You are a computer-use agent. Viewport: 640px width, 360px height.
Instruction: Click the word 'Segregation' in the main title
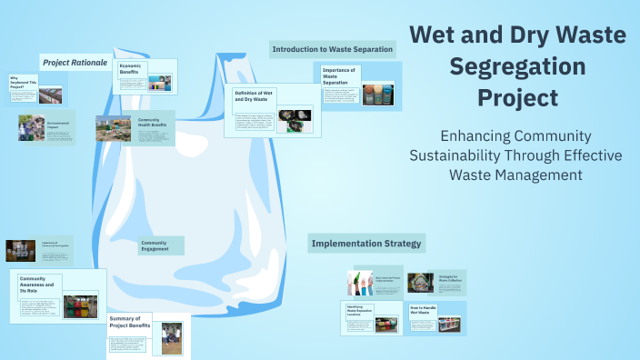(517, 65)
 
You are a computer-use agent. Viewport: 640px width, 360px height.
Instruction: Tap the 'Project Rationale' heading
(75, 63)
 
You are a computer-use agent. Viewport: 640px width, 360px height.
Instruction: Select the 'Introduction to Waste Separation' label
(332, 49)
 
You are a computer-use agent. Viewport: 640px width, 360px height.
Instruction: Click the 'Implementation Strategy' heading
(367, 244)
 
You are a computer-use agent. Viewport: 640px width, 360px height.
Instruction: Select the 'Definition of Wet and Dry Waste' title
(254, 95)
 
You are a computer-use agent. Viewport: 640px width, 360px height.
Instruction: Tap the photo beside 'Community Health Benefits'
(113, 128)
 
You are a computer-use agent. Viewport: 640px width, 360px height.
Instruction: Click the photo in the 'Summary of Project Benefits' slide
(172, 337)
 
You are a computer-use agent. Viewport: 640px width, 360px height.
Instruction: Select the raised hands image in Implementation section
(360, 283)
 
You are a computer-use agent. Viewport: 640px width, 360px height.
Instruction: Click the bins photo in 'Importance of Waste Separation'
(376, 95)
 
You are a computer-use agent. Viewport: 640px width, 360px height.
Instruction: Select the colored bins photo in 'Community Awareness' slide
(80, 306)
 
